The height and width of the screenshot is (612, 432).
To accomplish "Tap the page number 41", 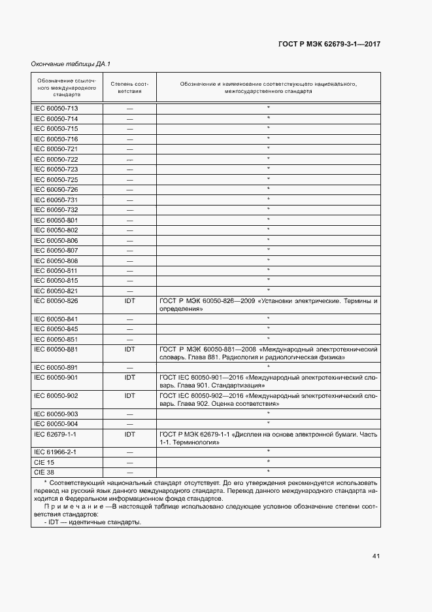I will (x=376, y=556).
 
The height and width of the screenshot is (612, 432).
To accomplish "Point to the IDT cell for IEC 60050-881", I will (x=129, y=349).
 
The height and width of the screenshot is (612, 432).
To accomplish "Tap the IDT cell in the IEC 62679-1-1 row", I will (x=129, y=433).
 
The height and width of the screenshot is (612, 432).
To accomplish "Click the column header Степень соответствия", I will (x=129, y=88).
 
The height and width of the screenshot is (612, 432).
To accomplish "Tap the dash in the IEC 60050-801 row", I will (x=129, y=220).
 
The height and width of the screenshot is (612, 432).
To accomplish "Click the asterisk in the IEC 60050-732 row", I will (x=268, y=209).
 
